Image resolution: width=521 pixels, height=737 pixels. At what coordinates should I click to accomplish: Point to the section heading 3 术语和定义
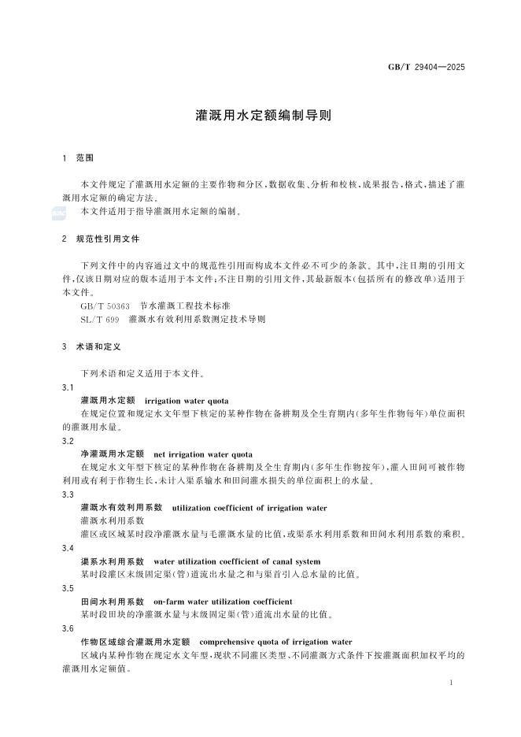[90, 346]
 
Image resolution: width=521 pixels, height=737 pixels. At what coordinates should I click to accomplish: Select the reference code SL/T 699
[100, 319]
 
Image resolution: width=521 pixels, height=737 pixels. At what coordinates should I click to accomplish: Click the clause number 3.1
[68, 387]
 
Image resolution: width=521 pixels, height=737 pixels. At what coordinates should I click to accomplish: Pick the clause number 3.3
[68, 494]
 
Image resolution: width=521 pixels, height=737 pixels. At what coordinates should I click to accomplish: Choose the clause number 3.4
[68, 547]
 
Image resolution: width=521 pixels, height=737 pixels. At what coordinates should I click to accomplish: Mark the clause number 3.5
[68, 587]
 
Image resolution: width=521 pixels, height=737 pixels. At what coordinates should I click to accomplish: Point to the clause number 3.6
[68, 628]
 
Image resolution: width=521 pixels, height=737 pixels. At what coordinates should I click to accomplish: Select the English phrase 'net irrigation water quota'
[203, 454]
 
